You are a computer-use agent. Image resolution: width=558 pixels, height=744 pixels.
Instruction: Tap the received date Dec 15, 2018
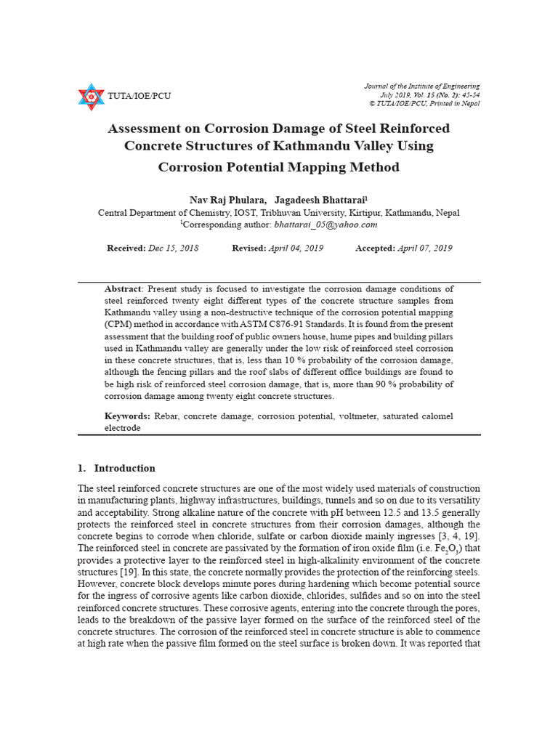pos(173,248)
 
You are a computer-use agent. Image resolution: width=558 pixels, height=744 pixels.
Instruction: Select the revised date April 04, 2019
pos(296,248)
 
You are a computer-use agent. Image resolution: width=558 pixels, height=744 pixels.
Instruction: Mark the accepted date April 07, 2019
pos(424,248)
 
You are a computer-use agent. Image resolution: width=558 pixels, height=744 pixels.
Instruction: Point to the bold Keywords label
pos(127,416)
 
